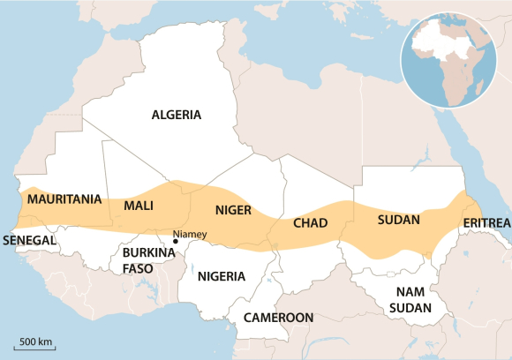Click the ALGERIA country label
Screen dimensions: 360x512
177,115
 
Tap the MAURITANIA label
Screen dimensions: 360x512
64,199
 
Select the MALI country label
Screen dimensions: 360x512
139,205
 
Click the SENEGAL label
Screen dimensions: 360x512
30,240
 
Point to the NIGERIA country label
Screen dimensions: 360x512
221,276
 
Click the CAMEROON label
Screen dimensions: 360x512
278,317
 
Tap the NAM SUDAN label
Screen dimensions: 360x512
412,300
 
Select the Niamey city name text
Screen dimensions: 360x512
189,234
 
